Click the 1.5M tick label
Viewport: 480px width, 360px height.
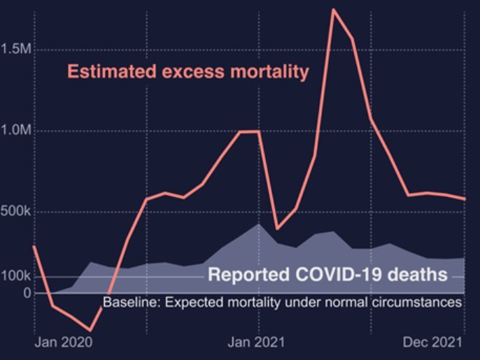pos(17,50)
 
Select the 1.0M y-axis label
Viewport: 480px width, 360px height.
pos(17,131)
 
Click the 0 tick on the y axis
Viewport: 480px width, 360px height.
pos(27,292)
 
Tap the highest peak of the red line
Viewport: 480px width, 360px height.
pos(334,10)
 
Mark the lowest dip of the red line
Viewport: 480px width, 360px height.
pos(90,330)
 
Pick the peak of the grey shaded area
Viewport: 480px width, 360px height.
pos(259,224)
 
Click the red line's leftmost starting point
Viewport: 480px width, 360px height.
pos(34,246)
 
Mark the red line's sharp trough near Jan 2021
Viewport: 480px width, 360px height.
pos(278,229)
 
